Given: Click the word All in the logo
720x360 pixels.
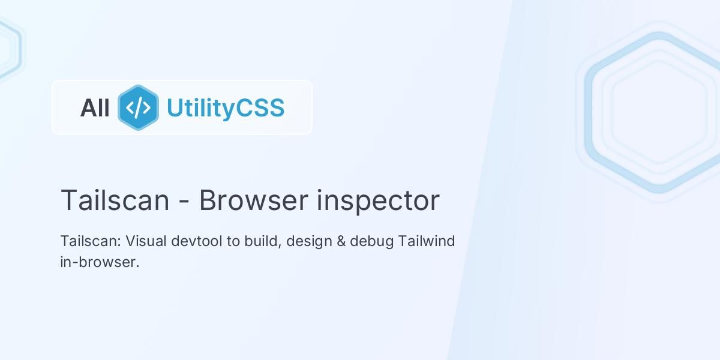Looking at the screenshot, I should pos(95,108).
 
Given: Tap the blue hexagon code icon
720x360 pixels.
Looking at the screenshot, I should pos(138,107).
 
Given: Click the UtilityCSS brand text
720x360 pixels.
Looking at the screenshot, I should pos(225,108).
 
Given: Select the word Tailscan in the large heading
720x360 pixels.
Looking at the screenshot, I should pos(115,200).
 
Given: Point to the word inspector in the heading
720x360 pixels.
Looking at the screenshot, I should pos(378,201).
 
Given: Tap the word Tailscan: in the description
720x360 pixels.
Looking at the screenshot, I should pos(91,241).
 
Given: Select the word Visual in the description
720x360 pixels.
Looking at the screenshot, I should pos(146,241).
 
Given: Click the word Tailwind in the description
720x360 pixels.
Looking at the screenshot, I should pos(427,241).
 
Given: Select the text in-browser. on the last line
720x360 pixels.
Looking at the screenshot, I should pos(100,262).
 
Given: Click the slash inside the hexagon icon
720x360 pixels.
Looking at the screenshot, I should pos(139,107).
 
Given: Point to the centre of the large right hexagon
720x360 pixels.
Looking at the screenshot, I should pos(658,112).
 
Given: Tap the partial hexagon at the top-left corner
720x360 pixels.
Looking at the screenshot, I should pos(7,48).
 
